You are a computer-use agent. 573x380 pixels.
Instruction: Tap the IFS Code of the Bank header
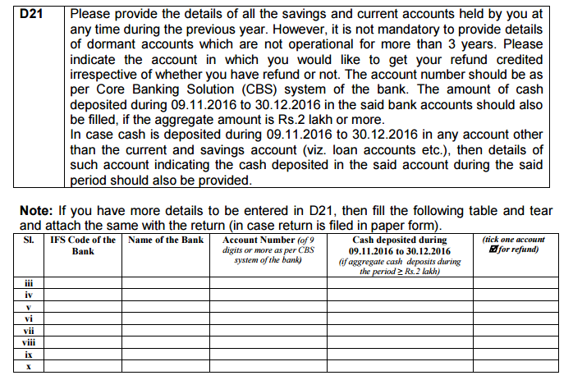[82, 245]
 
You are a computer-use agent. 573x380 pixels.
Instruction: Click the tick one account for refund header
[514, 245]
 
